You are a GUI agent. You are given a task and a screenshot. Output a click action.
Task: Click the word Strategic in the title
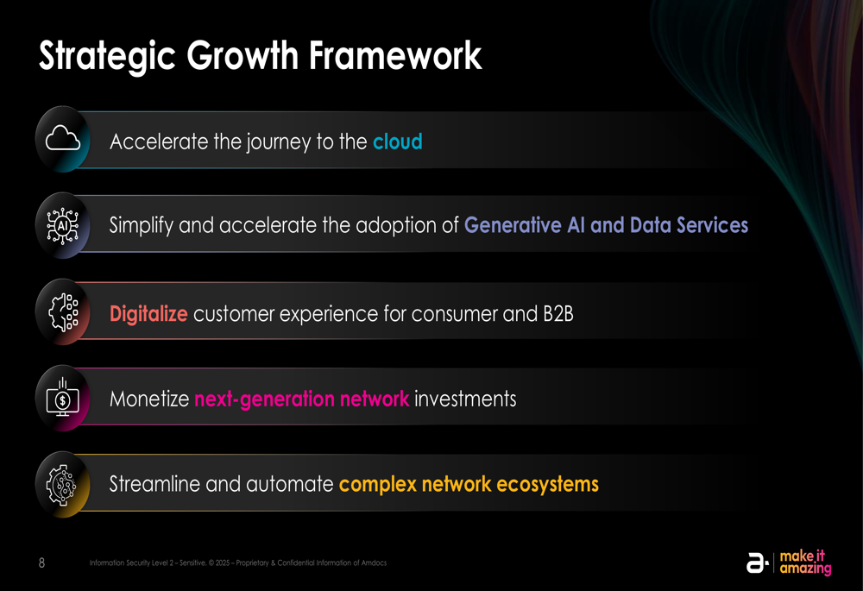tap(107, 57)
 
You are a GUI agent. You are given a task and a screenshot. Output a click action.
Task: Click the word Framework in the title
tap(395, 55)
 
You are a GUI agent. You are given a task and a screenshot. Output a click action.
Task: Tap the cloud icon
tap(63, 138)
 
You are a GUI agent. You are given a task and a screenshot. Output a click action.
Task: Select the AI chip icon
tap(63, 225)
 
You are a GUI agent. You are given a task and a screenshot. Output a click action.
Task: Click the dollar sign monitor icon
tap(63, 397)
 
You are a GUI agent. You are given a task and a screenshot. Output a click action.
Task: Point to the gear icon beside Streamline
tap(61, 485)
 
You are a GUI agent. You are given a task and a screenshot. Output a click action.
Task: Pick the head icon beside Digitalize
tap(63, 312)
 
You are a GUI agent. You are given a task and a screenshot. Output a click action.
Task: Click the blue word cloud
tap(397, 142)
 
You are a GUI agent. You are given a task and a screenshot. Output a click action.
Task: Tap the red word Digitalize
tap(148, 314)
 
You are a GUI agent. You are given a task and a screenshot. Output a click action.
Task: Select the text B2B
tap(558, 314)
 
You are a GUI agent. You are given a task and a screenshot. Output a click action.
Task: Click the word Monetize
tap(149, 399)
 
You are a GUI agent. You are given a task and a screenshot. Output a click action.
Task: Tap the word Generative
tap(513, 225)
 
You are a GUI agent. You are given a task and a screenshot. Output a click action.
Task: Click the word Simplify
tap(141, 225)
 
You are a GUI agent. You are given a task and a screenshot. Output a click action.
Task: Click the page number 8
tap(41, 563)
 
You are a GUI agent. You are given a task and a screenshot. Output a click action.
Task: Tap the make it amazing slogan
tap(805, 563)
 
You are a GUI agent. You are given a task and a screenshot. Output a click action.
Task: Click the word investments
tap(465, 399)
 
